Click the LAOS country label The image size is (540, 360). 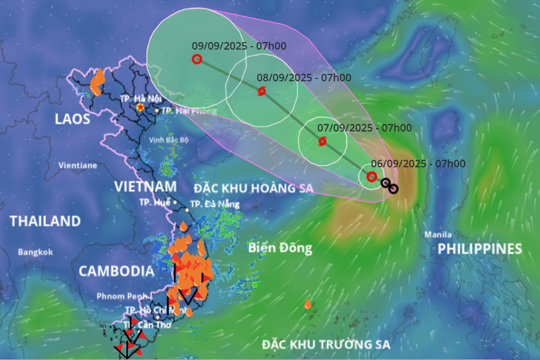point(72,119)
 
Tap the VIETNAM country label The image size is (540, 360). point(145,187)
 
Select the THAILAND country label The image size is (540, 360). point(45,221)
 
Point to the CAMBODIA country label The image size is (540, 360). point(116,271)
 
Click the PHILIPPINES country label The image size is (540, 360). point(480,249)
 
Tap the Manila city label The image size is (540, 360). point(438,235)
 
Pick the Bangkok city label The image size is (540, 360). point(35,252)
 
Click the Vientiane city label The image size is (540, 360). point(78,165)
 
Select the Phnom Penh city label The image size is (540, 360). point(119,296)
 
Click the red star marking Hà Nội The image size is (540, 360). point(140,108)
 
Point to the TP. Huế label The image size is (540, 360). point(155,202)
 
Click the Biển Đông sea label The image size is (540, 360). point(280,248)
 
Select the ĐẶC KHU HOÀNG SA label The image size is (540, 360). point(254,188)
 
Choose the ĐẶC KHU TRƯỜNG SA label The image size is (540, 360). point(326,344)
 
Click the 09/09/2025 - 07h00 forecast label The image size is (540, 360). point(239,46)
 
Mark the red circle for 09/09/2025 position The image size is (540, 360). point(197,59)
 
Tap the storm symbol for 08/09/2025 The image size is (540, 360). point(262,91)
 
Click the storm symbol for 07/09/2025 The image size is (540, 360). point(322,141)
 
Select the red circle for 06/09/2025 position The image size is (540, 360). point(371,176)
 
